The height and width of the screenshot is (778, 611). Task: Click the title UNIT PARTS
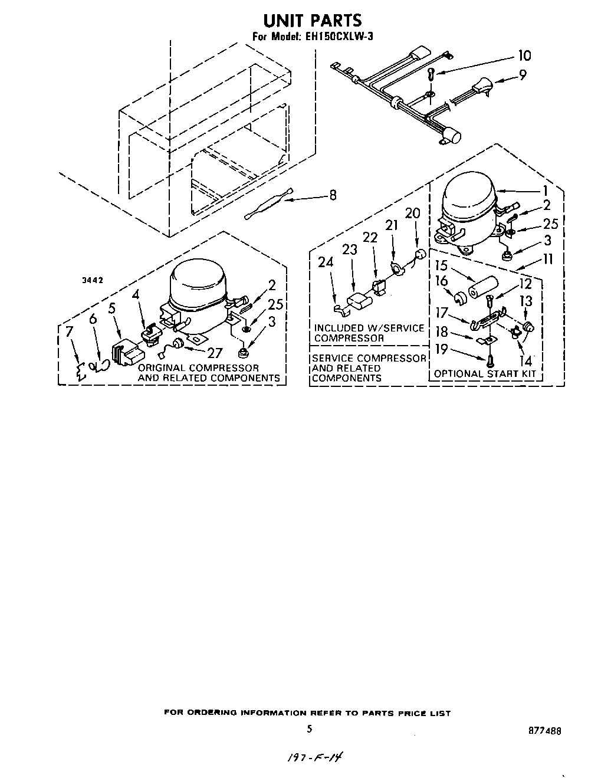pyautogui.click(x=312, y=21)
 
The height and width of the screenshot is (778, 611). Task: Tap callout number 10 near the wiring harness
pyautogui.click(x=524, y=55)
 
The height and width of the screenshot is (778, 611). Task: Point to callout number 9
pyautogui.click(x=523, y=75)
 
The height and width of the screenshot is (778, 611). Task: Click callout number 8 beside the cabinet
pyautogui.click(x=333, y=195)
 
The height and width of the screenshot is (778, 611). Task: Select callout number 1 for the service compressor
pyautogui.click(x=546, y=191)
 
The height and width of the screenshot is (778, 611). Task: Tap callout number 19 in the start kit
pyautogui.click(x=441, y=349)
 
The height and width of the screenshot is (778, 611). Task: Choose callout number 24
pyautogui.click(x=326, y=262)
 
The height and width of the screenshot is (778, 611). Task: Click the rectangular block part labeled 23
pyautogui.click(x=358, y=302)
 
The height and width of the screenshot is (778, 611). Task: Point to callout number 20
pyautogui.click(x=413, y=214)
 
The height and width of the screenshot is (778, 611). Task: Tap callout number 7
pyautogui.click(x=70, y=331)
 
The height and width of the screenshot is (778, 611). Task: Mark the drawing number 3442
pyautogui.click(x=93, y=281)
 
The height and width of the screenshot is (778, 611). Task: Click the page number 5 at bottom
pyautogui.click(x=308, y=729)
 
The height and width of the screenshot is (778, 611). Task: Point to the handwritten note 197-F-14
pyautogui.click(x=315, y=757)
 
